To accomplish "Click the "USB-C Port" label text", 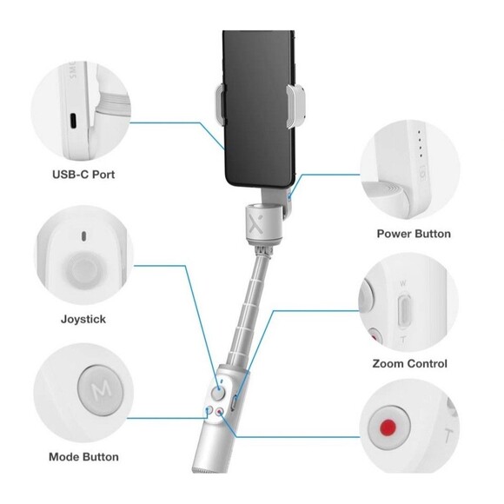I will (x=83, y=174).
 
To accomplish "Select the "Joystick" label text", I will (x=83, y=319).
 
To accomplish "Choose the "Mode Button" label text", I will (x=83, y=456).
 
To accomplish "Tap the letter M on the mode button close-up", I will (x=93, y=385).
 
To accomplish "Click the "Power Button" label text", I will (x=414, y=234).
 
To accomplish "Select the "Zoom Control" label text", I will (x=410, y=363).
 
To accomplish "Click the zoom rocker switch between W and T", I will (x=401, y=309).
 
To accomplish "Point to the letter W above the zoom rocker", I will (x=401, y=282).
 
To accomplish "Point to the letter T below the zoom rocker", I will (x=401, y=338).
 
